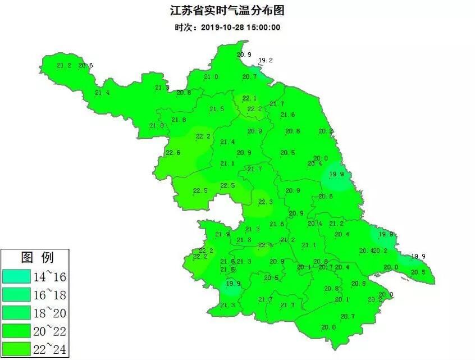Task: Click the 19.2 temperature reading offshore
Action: point(265,61)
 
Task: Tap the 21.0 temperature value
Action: point(211,77)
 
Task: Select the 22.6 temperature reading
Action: point(173,153)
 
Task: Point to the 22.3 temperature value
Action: point(265,202)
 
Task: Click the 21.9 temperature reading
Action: point(223,234)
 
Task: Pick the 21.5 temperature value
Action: point(217,109)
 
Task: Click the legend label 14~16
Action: point(51,276)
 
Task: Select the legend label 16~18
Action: point(51,294)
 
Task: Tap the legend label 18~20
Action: point(51,313)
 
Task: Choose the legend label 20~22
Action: point(51,331)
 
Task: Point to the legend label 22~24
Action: point(51,349)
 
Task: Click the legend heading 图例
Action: point(37,258)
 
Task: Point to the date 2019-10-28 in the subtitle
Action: point(220,27)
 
